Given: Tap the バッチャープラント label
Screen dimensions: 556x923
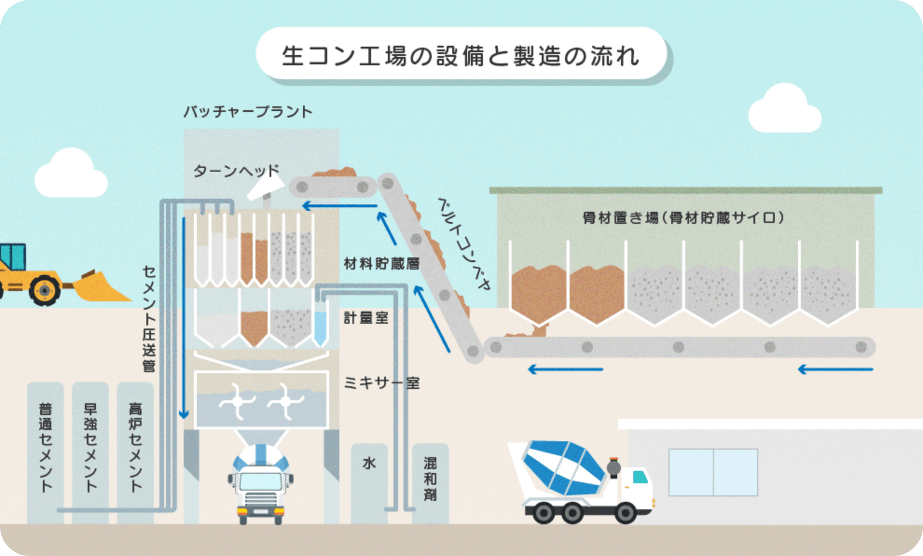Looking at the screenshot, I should [x=248, y=112].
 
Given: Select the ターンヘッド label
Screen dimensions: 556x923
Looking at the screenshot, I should [x=236, y=171].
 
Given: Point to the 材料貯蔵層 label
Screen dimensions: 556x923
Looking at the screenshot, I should [x=381, y=264].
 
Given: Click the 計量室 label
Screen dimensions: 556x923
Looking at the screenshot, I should [x=366, y=318].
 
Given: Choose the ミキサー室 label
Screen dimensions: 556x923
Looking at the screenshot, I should [x=381, y=383].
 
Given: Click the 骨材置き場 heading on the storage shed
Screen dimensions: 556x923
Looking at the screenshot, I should [x=683, y=217].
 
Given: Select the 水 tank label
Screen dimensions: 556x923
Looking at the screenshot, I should [x=369, y=463].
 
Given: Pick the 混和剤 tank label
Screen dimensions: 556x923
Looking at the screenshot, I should [x=430, y=479].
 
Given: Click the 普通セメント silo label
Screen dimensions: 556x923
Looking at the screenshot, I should [x=45, y=448].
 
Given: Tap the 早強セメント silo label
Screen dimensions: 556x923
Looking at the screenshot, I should [x=90, y=448].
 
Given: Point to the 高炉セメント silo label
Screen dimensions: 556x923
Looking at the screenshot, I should [x=135, y=448].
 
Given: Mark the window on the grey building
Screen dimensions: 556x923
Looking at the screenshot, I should [x=713, y=472].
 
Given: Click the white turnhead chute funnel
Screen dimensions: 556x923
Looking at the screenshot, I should [x=263, y=189].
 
